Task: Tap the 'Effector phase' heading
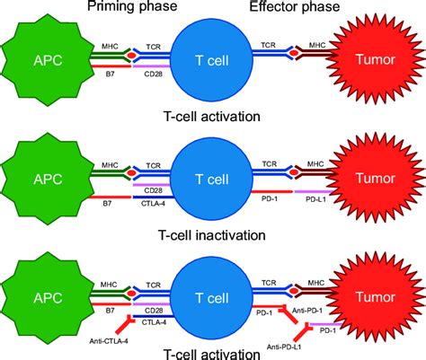[296, 8]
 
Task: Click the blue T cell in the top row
[212, 60]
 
